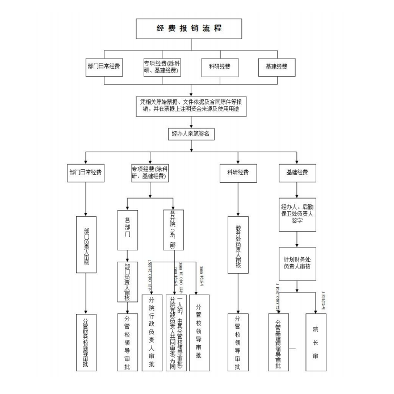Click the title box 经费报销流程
point(188,28)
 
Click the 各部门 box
point(127,230)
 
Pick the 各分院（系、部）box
point(173,230)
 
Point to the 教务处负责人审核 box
point(238,244)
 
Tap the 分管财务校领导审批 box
point(86,342)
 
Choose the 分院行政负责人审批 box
point(152,333)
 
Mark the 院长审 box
point(315,342)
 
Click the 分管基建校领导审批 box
point(278,342)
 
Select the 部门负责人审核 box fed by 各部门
point(127,281)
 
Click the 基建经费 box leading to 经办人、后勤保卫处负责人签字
point(297,173)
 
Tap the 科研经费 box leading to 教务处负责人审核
point(238,173)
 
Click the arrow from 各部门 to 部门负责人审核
point(127,255)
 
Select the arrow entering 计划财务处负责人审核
point(297,239)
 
